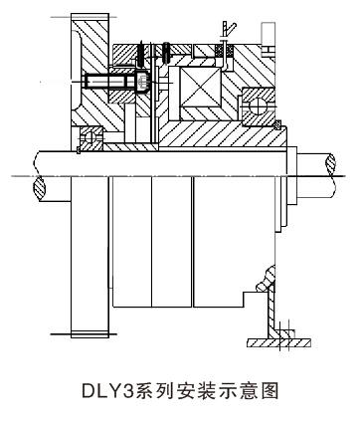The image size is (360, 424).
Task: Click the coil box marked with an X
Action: coord(200,88)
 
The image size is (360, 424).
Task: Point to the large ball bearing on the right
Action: coord(259,106)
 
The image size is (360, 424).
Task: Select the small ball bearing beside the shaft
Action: coord(91,137)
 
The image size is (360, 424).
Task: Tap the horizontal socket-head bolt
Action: coord(116,82)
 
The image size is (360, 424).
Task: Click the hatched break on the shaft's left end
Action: coord(39,188)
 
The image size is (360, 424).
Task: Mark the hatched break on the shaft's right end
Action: coord(330,165)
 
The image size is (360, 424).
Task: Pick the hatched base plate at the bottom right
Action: coord(278,343)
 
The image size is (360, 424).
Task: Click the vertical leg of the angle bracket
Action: coord(271,311)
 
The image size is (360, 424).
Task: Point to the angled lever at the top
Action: coord(229,30)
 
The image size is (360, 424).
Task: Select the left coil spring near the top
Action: coord(140,53)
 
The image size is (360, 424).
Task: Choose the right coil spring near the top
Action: coord(166,53)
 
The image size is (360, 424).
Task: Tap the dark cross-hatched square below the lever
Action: coord(219,51)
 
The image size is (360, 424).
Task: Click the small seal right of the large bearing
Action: coord(277,125)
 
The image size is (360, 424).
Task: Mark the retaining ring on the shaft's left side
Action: coord(79,150)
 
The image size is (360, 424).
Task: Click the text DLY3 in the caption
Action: coord(107,391)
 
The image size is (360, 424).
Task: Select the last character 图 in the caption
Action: coord(270,391)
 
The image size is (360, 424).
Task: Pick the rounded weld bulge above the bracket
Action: coord(268,278)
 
